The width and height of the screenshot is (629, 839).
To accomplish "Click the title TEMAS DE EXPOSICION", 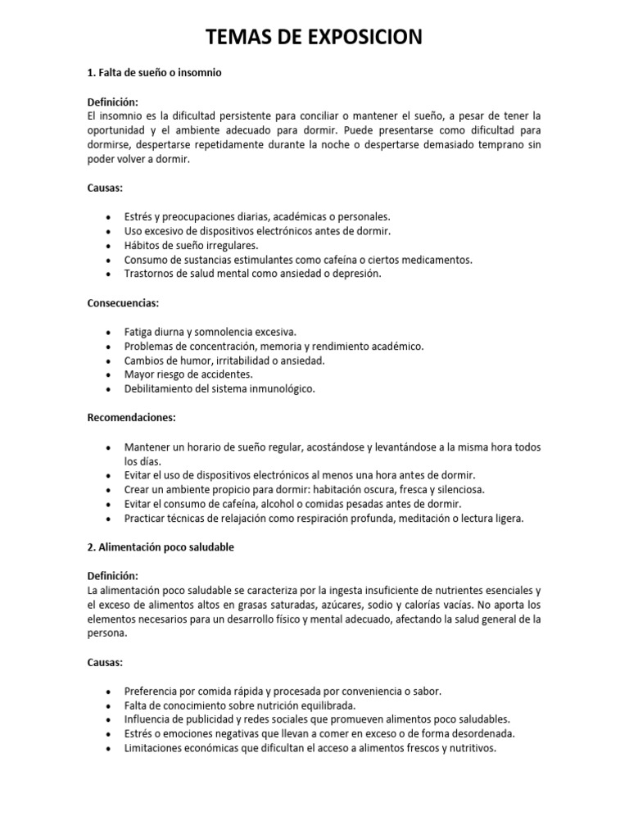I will (314, 37).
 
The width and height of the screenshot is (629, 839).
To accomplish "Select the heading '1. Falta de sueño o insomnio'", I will (155, 73).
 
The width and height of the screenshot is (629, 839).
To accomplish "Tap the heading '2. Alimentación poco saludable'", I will (161, 547).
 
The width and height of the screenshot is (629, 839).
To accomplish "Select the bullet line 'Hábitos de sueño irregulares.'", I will (191, 246).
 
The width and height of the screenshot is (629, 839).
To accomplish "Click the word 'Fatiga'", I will (138, 332).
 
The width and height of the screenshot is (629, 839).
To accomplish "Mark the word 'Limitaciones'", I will (154, 748).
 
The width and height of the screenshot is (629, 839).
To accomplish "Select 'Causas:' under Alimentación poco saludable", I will (105, 662).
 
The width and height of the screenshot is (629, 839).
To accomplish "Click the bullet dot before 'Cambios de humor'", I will (109, 361).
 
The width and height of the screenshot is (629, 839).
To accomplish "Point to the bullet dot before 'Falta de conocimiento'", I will (109, 705).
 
